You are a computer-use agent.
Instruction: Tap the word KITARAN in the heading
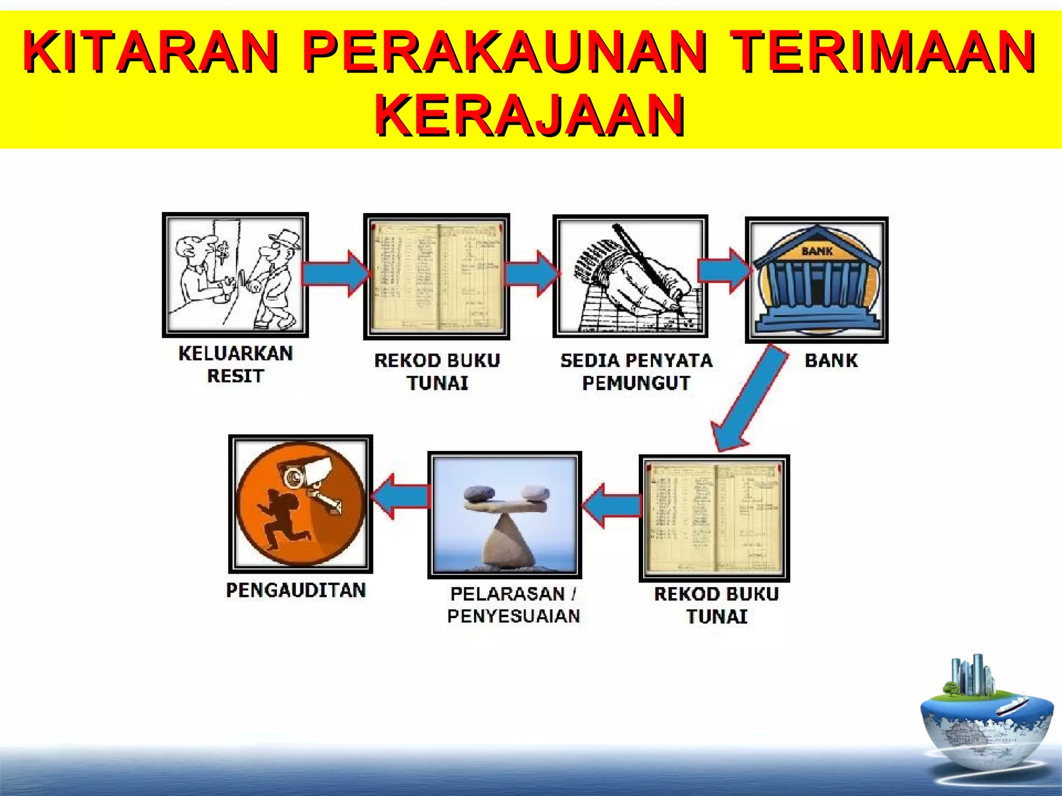151,52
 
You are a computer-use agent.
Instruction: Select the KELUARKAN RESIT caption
235,364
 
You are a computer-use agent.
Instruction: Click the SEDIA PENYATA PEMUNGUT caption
636,372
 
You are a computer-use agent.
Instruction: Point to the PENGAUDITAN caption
296,590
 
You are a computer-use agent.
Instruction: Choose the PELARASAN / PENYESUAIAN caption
513,605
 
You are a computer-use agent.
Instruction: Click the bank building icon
817,280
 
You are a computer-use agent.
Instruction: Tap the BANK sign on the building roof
817,251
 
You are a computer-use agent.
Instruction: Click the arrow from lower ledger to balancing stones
612,505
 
